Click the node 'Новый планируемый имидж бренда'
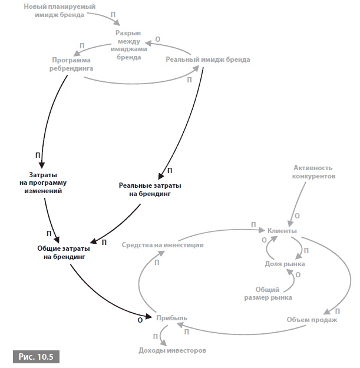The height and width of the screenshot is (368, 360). tap(60, 10)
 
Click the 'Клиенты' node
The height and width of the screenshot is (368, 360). tap(282, 231)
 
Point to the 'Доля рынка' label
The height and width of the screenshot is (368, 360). tap(285, 264)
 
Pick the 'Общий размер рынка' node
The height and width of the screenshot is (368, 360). tap(273, 293)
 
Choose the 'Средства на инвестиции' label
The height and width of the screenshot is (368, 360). tap(163, 244)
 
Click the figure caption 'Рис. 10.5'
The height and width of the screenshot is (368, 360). tap(35, 356)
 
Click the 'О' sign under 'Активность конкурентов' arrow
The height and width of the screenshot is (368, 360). tap(296, 216)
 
